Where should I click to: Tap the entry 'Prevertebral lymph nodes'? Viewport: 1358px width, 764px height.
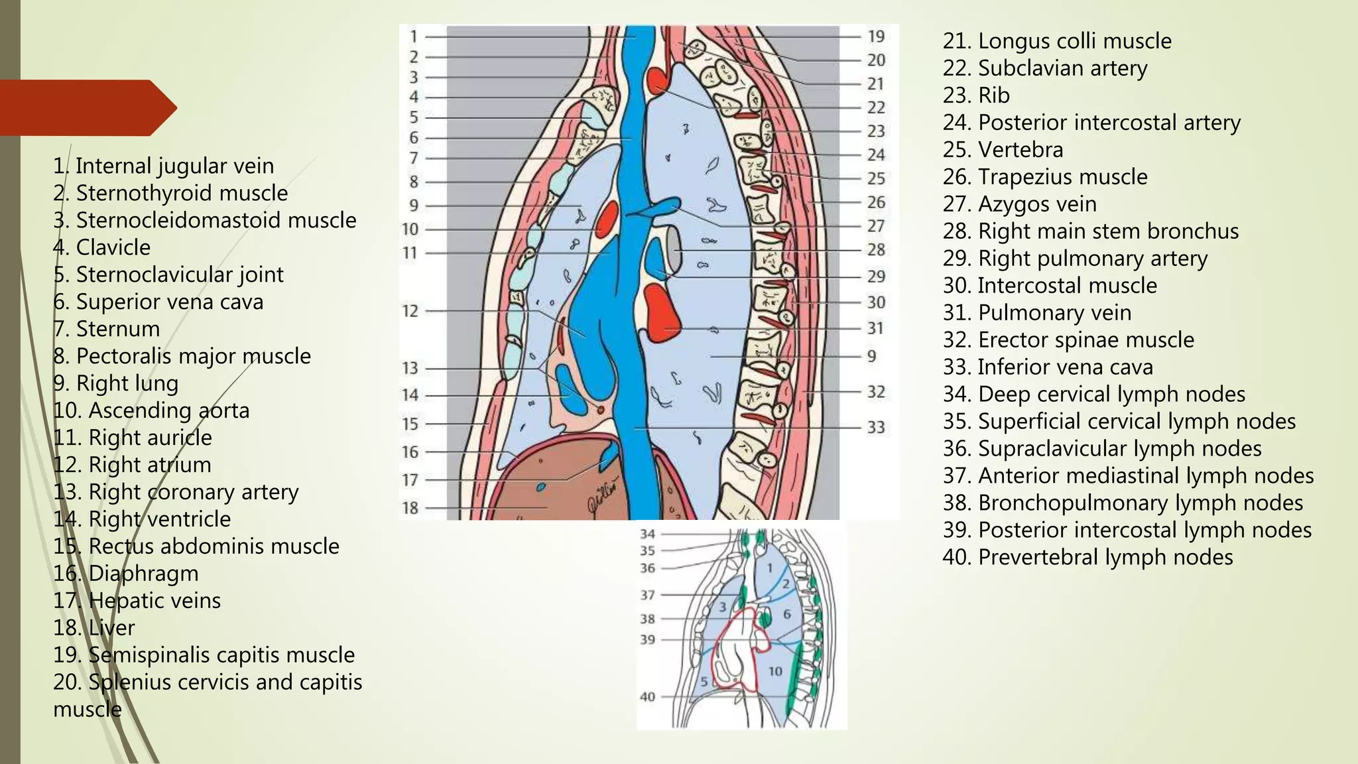coord(1087,557)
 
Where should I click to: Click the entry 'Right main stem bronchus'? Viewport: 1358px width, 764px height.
coord(1090,231)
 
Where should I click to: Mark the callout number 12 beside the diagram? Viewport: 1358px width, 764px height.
coord(410,310)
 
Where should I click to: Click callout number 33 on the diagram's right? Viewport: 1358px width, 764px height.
coord(876,427)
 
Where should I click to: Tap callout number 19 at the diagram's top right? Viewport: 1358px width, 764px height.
coord(876,36)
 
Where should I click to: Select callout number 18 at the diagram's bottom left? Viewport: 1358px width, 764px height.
coord(410,508)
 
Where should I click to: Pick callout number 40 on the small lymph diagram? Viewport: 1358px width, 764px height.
coord(647,696)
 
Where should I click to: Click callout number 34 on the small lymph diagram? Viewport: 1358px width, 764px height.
coord(647,534)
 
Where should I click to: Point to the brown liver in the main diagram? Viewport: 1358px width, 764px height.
coord(557,484)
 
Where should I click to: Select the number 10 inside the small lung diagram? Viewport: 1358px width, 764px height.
coord(775,671)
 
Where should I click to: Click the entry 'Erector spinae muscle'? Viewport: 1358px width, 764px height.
coord(1068,340)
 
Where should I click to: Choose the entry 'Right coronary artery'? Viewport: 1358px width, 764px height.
coord(176,492)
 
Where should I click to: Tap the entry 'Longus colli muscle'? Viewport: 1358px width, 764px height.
coord(1057,41)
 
